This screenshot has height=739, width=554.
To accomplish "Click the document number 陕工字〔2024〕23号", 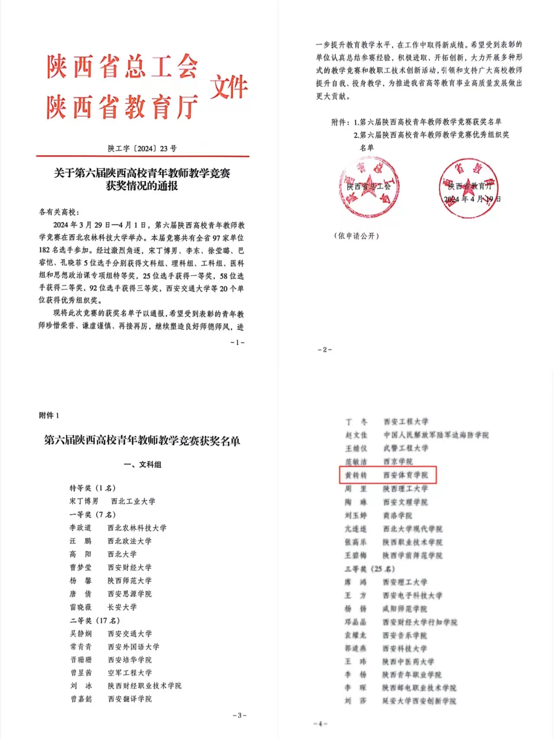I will [142, 149].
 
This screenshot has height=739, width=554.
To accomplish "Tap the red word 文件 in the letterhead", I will [229, 87].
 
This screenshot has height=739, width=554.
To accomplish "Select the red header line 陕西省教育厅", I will [122, 107].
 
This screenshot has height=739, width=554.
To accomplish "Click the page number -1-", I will [237, 342].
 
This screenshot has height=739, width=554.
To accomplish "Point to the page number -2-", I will [325, 350].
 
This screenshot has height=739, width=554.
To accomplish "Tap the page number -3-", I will [240, 715].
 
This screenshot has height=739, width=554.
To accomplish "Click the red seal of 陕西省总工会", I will [369, 187].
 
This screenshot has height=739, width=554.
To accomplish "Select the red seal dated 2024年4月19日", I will [469, 188].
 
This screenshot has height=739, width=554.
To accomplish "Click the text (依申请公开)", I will [356, 236].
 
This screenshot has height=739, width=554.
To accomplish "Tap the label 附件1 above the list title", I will [49, 415].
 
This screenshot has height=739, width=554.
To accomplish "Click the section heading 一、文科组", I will [143, 465].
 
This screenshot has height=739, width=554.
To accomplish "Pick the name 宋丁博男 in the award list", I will [84, 501].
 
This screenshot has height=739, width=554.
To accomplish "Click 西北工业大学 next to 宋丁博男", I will [133, 501].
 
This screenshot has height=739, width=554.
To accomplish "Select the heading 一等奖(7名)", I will [93, 515].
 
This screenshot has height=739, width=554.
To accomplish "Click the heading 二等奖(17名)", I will [95, 620].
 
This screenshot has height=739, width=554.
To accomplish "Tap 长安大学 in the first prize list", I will [122, 607].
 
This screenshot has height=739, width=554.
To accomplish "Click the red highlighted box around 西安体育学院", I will [388, 475].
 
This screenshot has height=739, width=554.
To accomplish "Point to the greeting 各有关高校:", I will [59, 212].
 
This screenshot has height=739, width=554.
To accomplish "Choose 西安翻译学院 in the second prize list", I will [130, 699].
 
